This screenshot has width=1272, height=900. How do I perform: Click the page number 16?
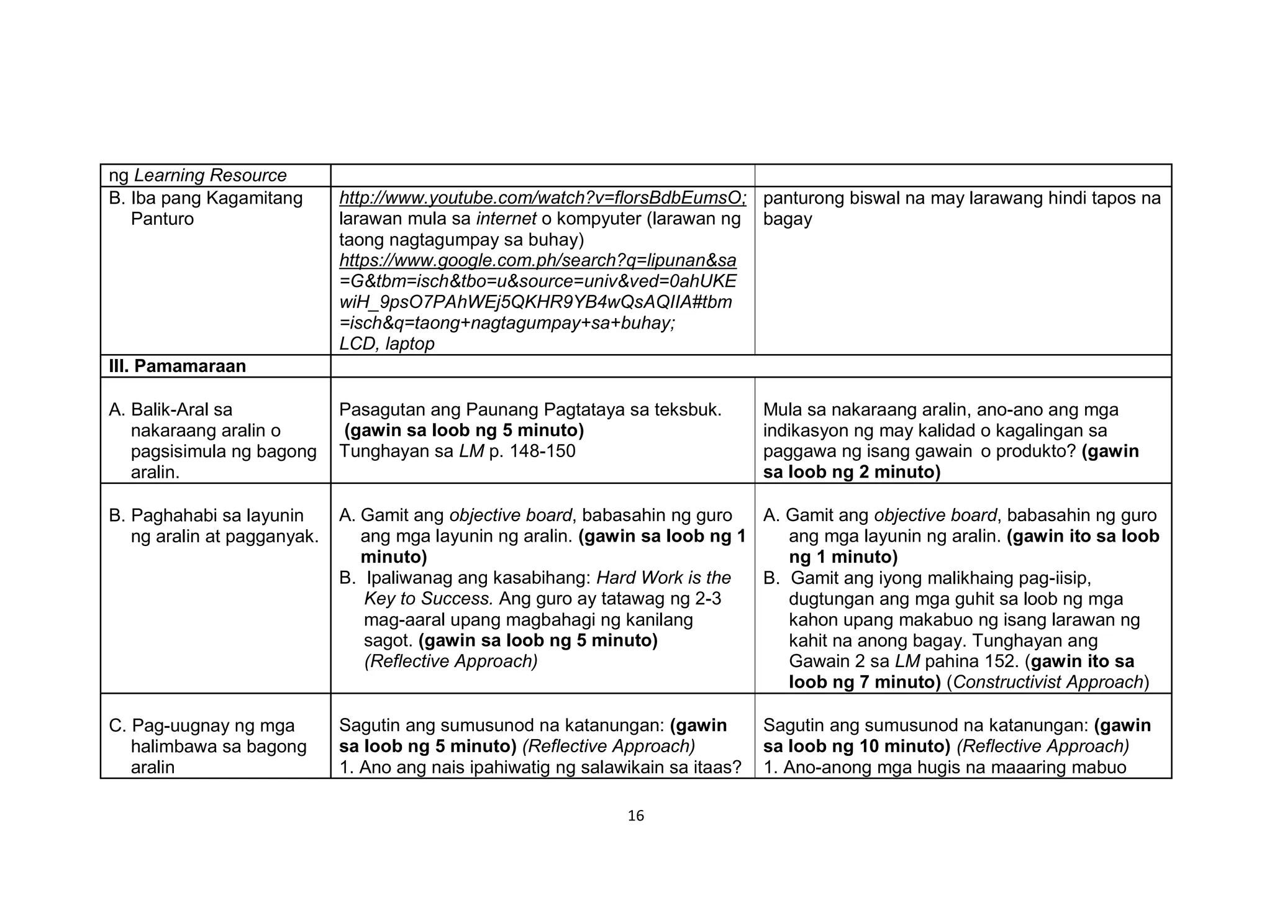(635, 816)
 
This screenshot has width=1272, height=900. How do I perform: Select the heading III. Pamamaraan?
(177, 366)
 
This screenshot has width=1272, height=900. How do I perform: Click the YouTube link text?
(542, 198)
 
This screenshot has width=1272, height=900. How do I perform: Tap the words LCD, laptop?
(386, 343)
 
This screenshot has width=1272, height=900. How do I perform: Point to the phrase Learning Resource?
(210, 175)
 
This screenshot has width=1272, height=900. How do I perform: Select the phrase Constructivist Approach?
(1048, 682)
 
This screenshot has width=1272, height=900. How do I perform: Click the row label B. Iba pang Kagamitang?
(206, 198)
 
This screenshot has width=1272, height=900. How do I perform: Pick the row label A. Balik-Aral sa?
(171, 409)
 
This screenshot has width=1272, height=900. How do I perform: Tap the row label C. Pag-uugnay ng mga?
(202, 725)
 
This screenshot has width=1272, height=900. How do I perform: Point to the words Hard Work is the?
(663, 578)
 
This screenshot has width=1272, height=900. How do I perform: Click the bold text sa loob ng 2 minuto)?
(852, 472)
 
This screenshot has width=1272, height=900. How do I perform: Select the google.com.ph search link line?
(537, 260)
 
